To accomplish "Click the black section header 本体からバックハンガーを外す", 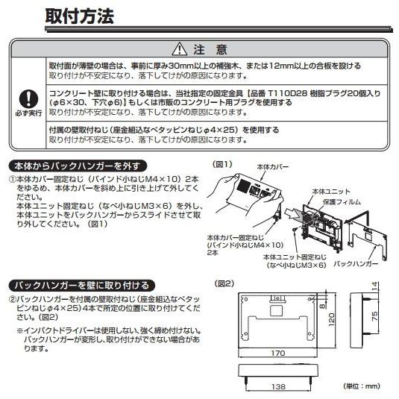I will pos(78,166).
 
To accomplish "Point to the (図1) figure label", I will pos(224,164).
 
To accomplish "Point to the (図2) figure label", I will pos(224,283).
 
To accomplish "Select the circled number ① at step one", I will pos(13,180).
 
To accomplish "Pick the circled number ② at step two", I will pos(13,299).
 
